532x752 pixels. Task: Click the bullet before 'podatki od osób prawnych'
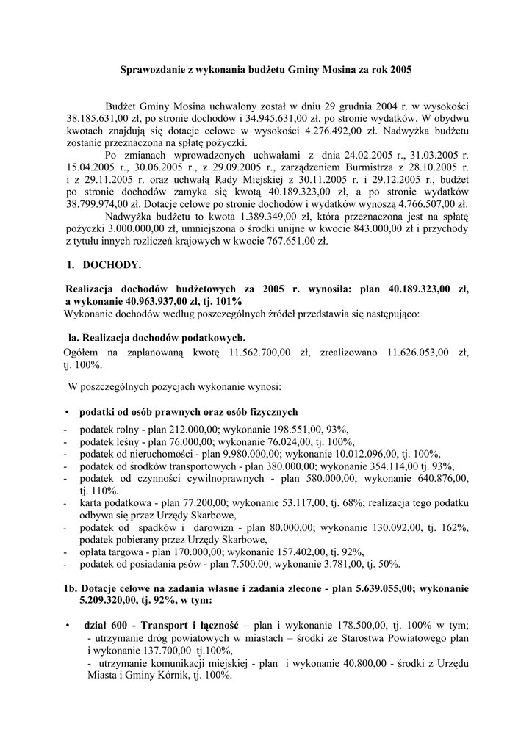[67, 412]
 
